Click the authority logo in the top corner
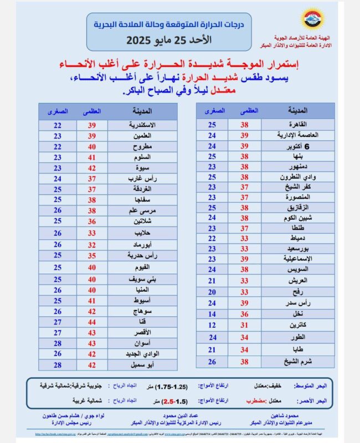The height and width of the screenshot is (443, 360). click(x=311, y=18)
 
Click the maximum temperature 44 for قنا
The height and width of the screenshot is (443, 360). click(x=92, y=321)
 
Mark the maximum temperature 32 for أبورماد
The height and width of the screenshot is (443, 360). click(x=92, y=245)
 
